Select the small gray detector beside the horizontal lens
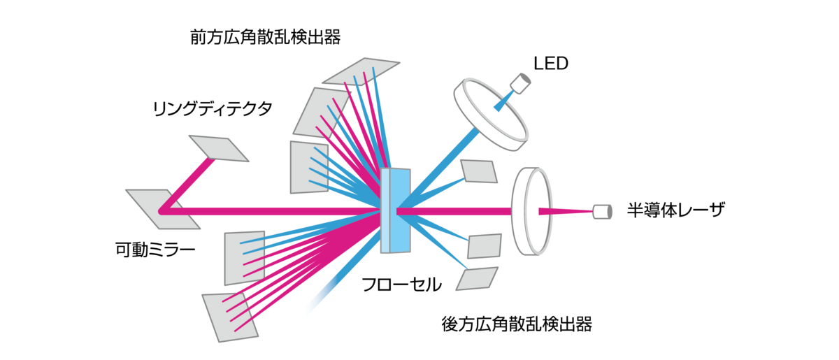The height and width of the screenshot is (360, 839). [x=602, y=211]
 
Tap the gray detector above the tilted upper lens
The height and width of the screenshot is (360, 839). [x=519, y=82]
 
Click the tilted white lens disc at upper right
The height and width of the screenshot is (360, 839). [x=490, y=113]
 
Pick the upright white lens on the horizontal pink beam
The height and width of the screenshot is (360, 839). [x=531, y=211]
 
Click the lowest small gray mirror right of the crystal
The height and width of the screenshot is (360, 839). [x=477, y=278]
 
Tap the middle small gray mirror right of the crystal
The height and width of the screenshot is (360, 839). [x=485, y=246]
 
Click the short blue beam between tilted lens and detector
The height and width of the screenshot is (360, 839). [x=504, y=100]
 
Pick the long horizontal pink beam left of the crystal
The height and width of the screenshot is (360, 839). [x=280, y=211]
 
